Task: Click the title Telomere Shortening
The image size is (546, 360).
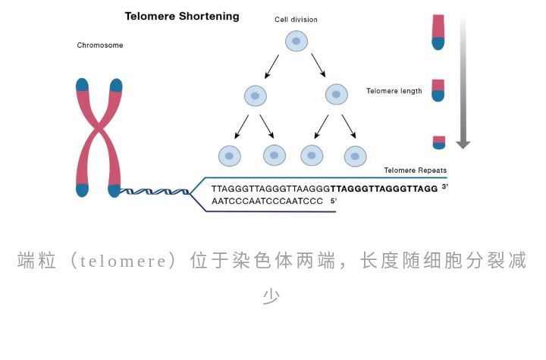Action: (x=181, y=16)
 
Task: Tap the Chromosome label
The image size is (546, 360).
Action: (x=100, y=45)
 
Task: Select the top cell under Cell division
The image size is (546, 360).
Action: (x=297, y=40)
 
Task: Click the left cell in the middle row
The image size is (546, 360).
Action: (x=256, y=95)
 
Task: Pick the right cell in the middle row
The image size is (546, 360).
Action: (x=336, y=95)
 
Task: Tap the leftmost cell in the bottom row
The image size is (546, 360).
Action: (x=230, y=155)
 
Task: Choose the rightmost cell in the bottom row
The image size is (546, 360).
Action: (x=355, y=156)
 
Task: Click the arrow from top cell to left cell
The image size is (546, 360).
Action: (x=272, y=66)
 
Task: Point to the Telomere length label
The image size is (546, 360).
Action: (x=394, y=91)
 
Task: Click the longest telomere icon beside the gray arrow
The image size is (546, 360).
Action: (x=438, y=31)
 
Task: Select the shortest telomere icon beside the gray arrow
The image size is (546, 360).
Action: (x=438, y=142)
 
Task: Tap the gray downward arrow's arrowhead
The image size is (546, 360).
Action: (x=463, y=143)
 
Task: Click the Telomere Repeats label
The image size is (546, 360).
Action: (x=416, y=171)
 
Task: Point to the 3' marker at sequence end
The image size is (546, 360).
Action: (x=445, y=186)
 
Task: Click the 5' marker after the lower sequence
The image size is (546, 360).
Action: (x=333, y=201)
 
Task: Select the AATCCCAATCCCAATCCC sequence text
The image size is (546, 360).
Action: (x=268, y=202)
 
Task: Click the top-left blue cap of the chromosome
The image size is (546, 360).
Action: (x=83, y=85)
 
